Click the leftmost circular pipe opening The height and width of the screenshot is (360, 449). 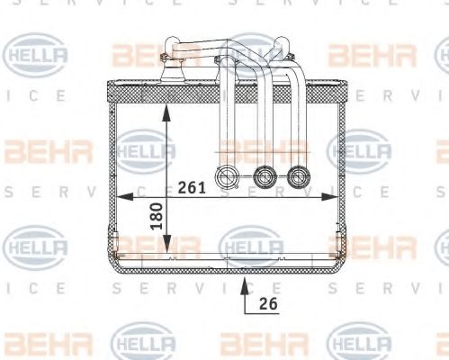coord(228,176)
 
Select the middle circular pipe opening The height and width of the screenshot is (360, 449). coord(263,176)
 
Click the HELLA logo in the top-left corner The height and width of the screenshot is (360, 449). coord(36,56)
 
